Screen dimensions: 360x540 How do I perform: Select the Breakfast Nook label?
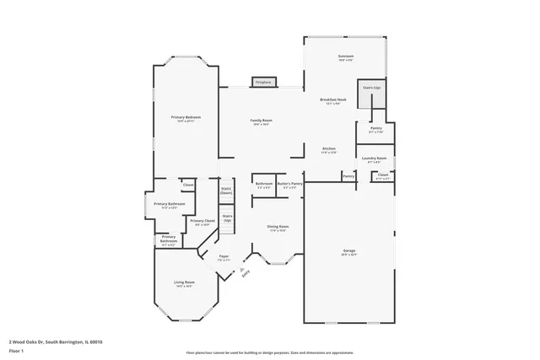point(331,100)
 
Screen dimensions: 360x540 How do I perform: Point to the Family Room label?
point(262,121)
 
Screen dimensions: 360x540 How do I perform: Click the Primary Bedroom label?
point(186,118)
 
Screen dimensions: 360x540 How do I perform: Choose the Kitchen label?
point(328,149)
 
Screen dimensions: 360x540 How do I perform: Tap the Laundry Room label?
point(374,159)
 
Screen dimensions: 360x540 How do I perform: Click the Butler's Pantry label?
point(288,184)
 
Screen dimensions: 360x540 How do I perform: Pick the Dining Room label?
point(278,228)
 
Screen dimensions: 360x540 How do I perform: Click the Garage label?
point(349,252)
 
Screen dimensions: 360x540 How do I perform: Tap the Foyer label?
point(224,257)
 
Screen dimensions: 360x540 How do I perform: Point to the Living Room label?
point(184,282)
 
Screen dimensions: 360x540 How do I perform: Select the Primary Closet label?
point(202,222)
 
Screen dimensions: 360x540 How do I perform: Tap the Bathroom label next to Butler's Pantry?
point(264,184)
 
